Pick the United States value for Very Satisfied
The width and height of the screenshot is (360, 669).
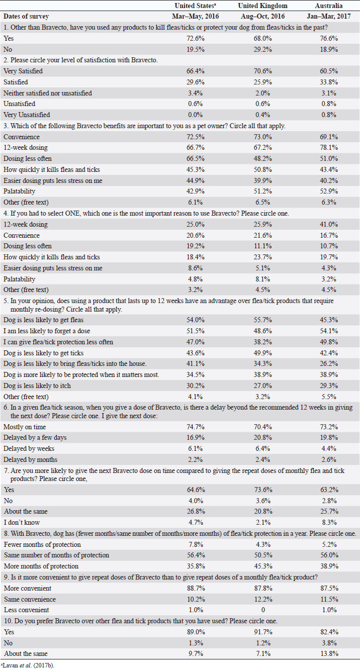(x=200, y=71)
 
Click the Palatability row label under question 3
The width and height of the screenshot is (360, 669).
(x=19, y=192)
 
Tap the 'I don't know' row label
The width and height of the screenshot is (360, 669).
(x=21, y=522)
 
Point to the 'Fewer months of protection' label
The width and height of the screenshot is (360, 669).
(x=42, y=544)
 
